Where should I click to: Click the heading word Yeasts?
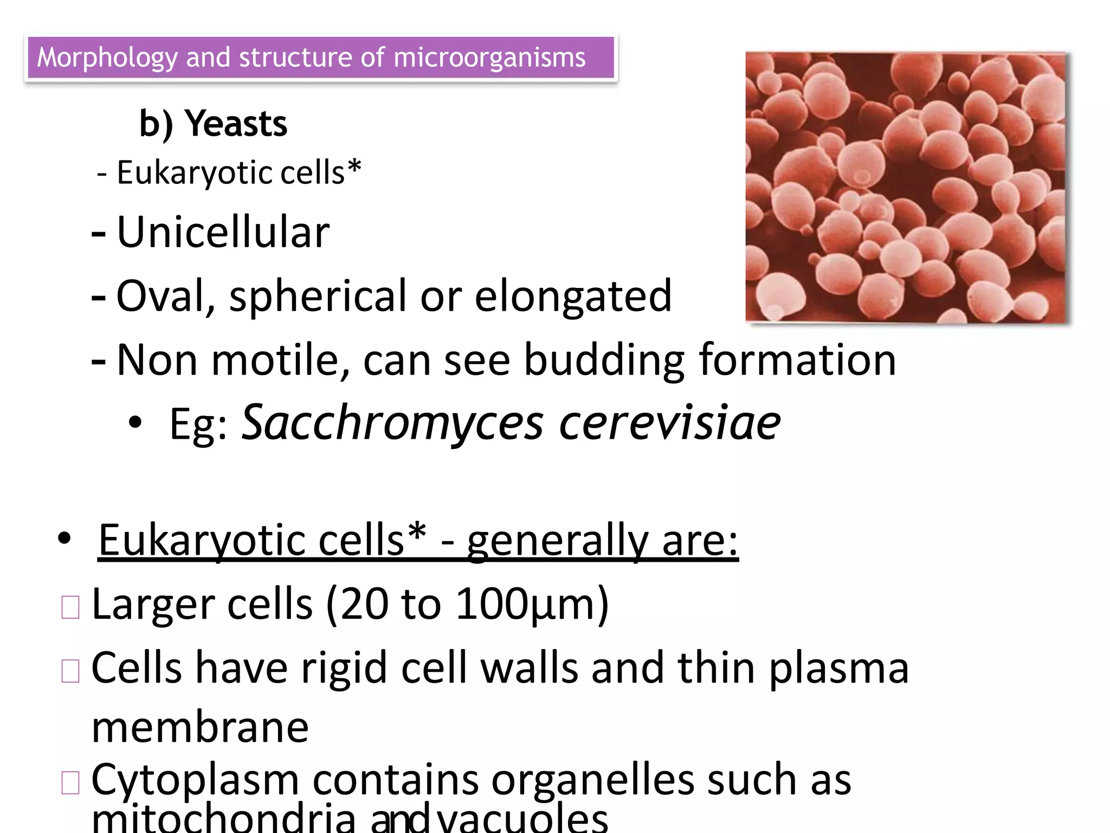click(236, 124)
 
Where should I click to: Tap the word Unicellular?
click(223, 232)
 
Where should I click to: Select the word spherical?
click(318, 296)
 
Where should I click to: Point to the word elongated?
click(573, 296)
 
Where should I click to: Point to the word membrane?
click(200, 727)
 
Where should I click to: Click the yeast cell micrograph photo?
click(906, 188)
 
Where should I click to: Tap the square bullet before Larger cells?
click(70, 607)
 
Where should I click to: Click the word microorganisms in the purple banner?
click(489, 58)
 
